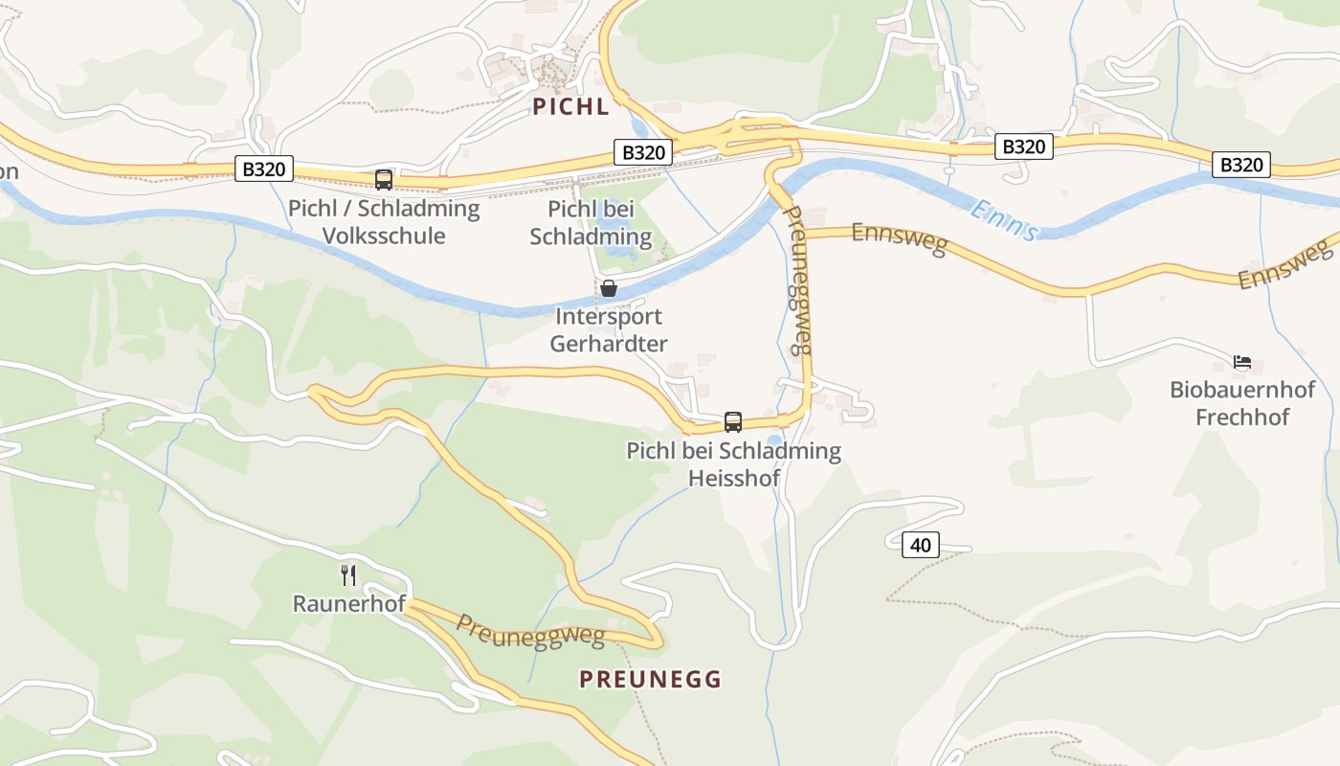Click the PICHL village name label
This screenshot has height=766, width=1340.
[x=570, y=106]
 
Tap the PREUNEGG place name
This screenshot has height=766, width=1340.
[x=650, y=679]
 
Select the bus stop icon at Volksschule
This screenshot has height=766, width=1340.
[x=384, y=179]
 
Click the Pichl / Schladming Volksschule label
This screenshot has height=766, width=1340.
[x=384, y=222]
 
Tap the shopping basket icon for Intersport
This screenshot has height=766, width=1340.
[x=608, y=288]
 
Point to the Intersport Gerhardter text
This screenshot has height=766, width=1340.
[x=608, y=329]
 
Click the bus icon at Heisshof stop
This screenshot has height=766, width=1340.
[x=733, y=421]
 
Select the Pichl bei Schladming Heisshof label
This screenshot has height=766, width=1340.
[x=733, y=463]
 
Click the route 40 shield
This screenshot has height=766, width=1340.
[x=920, y=545]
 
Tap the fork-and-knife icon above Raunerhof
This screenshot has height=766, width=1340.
[x=348, y=574]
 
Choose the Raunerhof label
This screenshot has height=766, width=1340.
[x=348, y=604]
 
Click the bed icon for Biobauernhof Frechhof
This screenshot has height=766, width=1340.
[x=1242, y=362]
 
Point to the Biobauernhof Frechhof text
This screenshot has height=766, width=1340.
[x=1242, y=403]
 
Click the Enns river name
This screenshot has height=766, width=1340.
[x=1002, y=219]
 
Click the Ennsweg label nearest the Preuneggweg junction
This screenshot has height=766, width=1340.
[x=899, y=238]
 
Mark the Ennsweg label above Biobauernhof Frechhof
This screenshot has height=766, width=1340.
[x=1284, y=267]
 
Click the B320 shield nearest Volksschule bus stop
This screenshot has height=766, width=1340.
[x=263, y=169]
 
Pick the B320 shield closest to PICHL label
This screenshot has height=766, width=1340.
[x=642, y=152]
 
